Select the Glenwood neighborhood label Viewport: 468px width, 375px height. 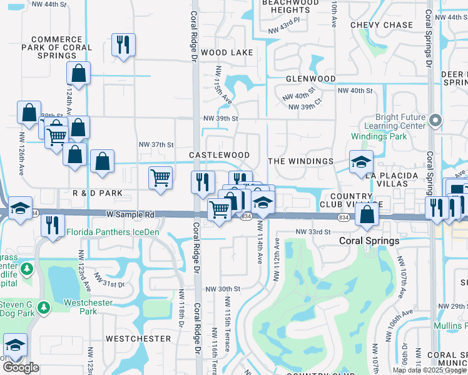pos(311,79)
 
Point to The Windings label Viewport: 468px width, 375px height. pos(301,161)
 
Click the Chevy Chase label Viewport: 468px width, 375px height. pos(382,25)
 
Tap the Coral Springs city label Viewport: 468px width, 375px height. pos(369,241)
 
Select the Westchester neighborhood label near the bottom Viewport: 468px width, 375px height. pos(138,339)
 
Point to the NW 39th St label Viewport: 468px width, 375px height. pos(221,118)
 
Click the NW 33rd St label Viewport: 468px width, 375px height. pos(313,232)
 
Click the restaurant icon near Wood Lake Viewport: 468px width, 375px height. pos(123,45)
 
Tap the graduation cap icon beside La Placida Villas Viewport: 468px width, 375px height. pos(361,162)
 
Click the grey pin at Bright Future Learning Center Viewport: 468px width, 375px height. pos(437,119)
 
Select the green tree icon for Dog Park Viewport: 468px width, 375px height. pos(43,307)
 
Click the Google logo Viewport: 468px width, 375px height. pos(21,368)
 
